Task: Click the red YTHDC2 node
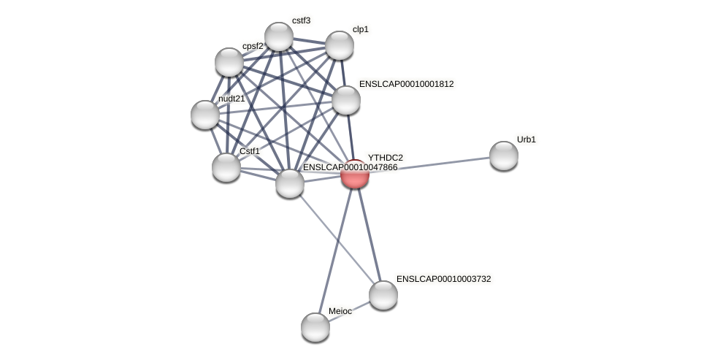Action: click(x=355, y=174)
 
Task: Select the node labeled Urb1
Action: click(x=503, y=155)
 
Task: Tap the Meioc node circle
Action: click(x=315, y=326)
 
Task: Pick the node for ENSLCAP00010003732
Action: click(x=383, y=294)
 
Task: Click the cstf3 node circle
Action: click(x=278, y=37)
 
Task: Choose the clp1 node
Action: click(x=339, y=45)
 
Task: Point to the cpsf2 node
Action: click(x=229, y=62)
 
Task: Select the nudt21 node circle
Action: click(x=204, y=115)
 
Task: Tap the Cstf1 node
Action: click(x=226, y=167)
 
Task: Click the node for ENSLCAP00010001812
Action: click(x=345, y=100)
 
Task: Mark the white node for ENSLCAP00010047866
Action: click(x=289, y=183)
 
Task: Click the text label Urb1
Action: click(x=526, y=139)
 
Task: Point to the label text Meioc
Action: click(x=340, y=311)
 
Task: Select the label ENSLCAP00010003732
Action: click(x=443, y=279)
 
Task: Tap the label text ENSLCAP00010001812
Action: click(x=406, y=84)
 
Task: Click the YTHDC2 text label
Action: click(x=385, y=158)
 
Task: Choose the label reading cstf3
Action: click(x=301, y=20)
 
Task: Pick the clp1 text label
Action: click(x=361, y=29)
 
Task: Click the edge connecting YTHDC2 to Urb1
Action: click(x=431, y=164)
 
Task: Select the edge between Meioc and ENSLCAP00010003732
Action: click(x=349, y=310)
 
